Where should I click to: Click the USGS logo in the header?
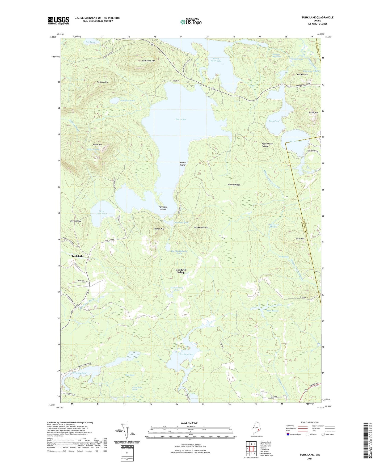58,20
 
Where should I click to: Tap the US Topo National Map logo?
191,22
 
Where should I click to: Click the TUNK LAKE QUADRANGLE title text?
317,18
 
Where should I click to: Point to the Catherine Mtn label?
149,61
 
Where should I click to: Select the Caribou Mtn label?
102,82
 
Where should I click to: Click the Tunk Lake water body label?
181,120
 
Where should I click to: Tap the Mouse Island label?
183,164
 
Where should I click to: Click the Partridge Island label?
163,208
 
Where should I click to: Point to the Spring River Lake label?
216,60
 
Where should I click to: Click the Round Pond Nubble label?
267,145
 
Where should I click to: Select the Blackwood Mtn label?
201,227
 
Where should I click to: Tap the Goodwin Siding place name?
181,271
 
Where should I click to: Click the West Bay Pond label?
186,354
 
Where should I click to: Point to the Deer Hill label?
300,239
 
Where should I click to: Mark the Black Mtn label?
98,145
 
